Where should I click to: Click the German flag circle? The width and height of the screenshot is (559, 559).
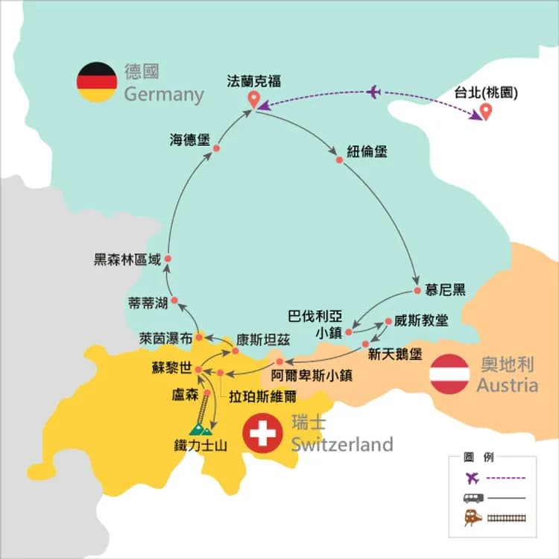coord(97,82)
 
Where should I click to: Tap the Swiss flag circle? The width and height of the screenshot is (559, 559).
coord(262,434)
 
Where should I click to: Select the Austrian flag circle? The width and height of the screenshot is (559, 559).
coord(450,373)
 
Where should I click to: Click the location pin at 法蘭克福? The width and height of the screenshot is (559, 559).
coord(254,101)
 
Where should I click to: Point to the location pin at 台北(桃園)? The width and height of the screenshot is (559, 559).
coord(486,112)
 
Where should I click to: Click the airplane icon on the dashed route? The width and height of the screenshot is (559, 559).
coord(373,92)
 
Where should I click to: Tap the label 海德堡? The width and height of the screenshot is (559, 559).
coord(190,139)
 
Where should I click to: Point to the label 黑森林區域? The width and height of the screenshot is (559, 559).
coord(127,259)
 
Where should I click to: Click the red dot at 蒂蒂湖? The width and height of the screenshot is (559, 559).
coord(174,301)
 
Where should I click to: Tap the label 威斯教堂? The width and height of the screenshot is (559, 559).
coord(422,321)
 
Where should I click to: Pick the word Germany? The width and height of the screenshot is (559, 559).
coord(163,95)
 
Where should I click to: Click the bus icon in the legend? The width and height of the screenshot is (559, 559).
coord(473,498)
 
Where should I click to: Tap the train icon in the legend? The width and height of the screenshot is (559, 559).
coord(473,517)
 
